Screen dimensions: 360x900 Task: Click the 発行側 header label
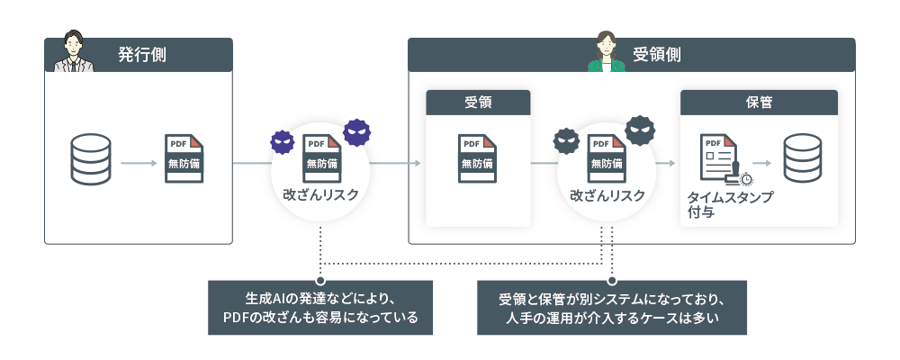tap(141, 54)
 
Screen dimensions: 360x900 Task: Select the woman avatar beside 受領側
tap(605, 52)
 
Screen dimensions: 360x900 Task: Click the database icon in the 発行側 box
tap(90, 161)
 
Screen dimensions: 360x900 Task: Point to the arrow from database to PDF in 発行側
tap(138, 163)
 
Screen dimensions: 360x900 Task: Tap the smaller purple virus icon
tap(283, 141)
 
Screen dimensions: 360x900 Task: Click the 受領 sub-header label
tap(478, 102)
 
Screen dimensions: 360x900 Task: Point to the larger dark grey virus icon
tap(640, 130)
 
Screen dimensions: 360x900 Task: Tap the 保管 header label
tap(759, 102)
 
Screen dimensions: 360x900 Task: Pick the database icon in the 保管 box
tap(802, 161)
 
